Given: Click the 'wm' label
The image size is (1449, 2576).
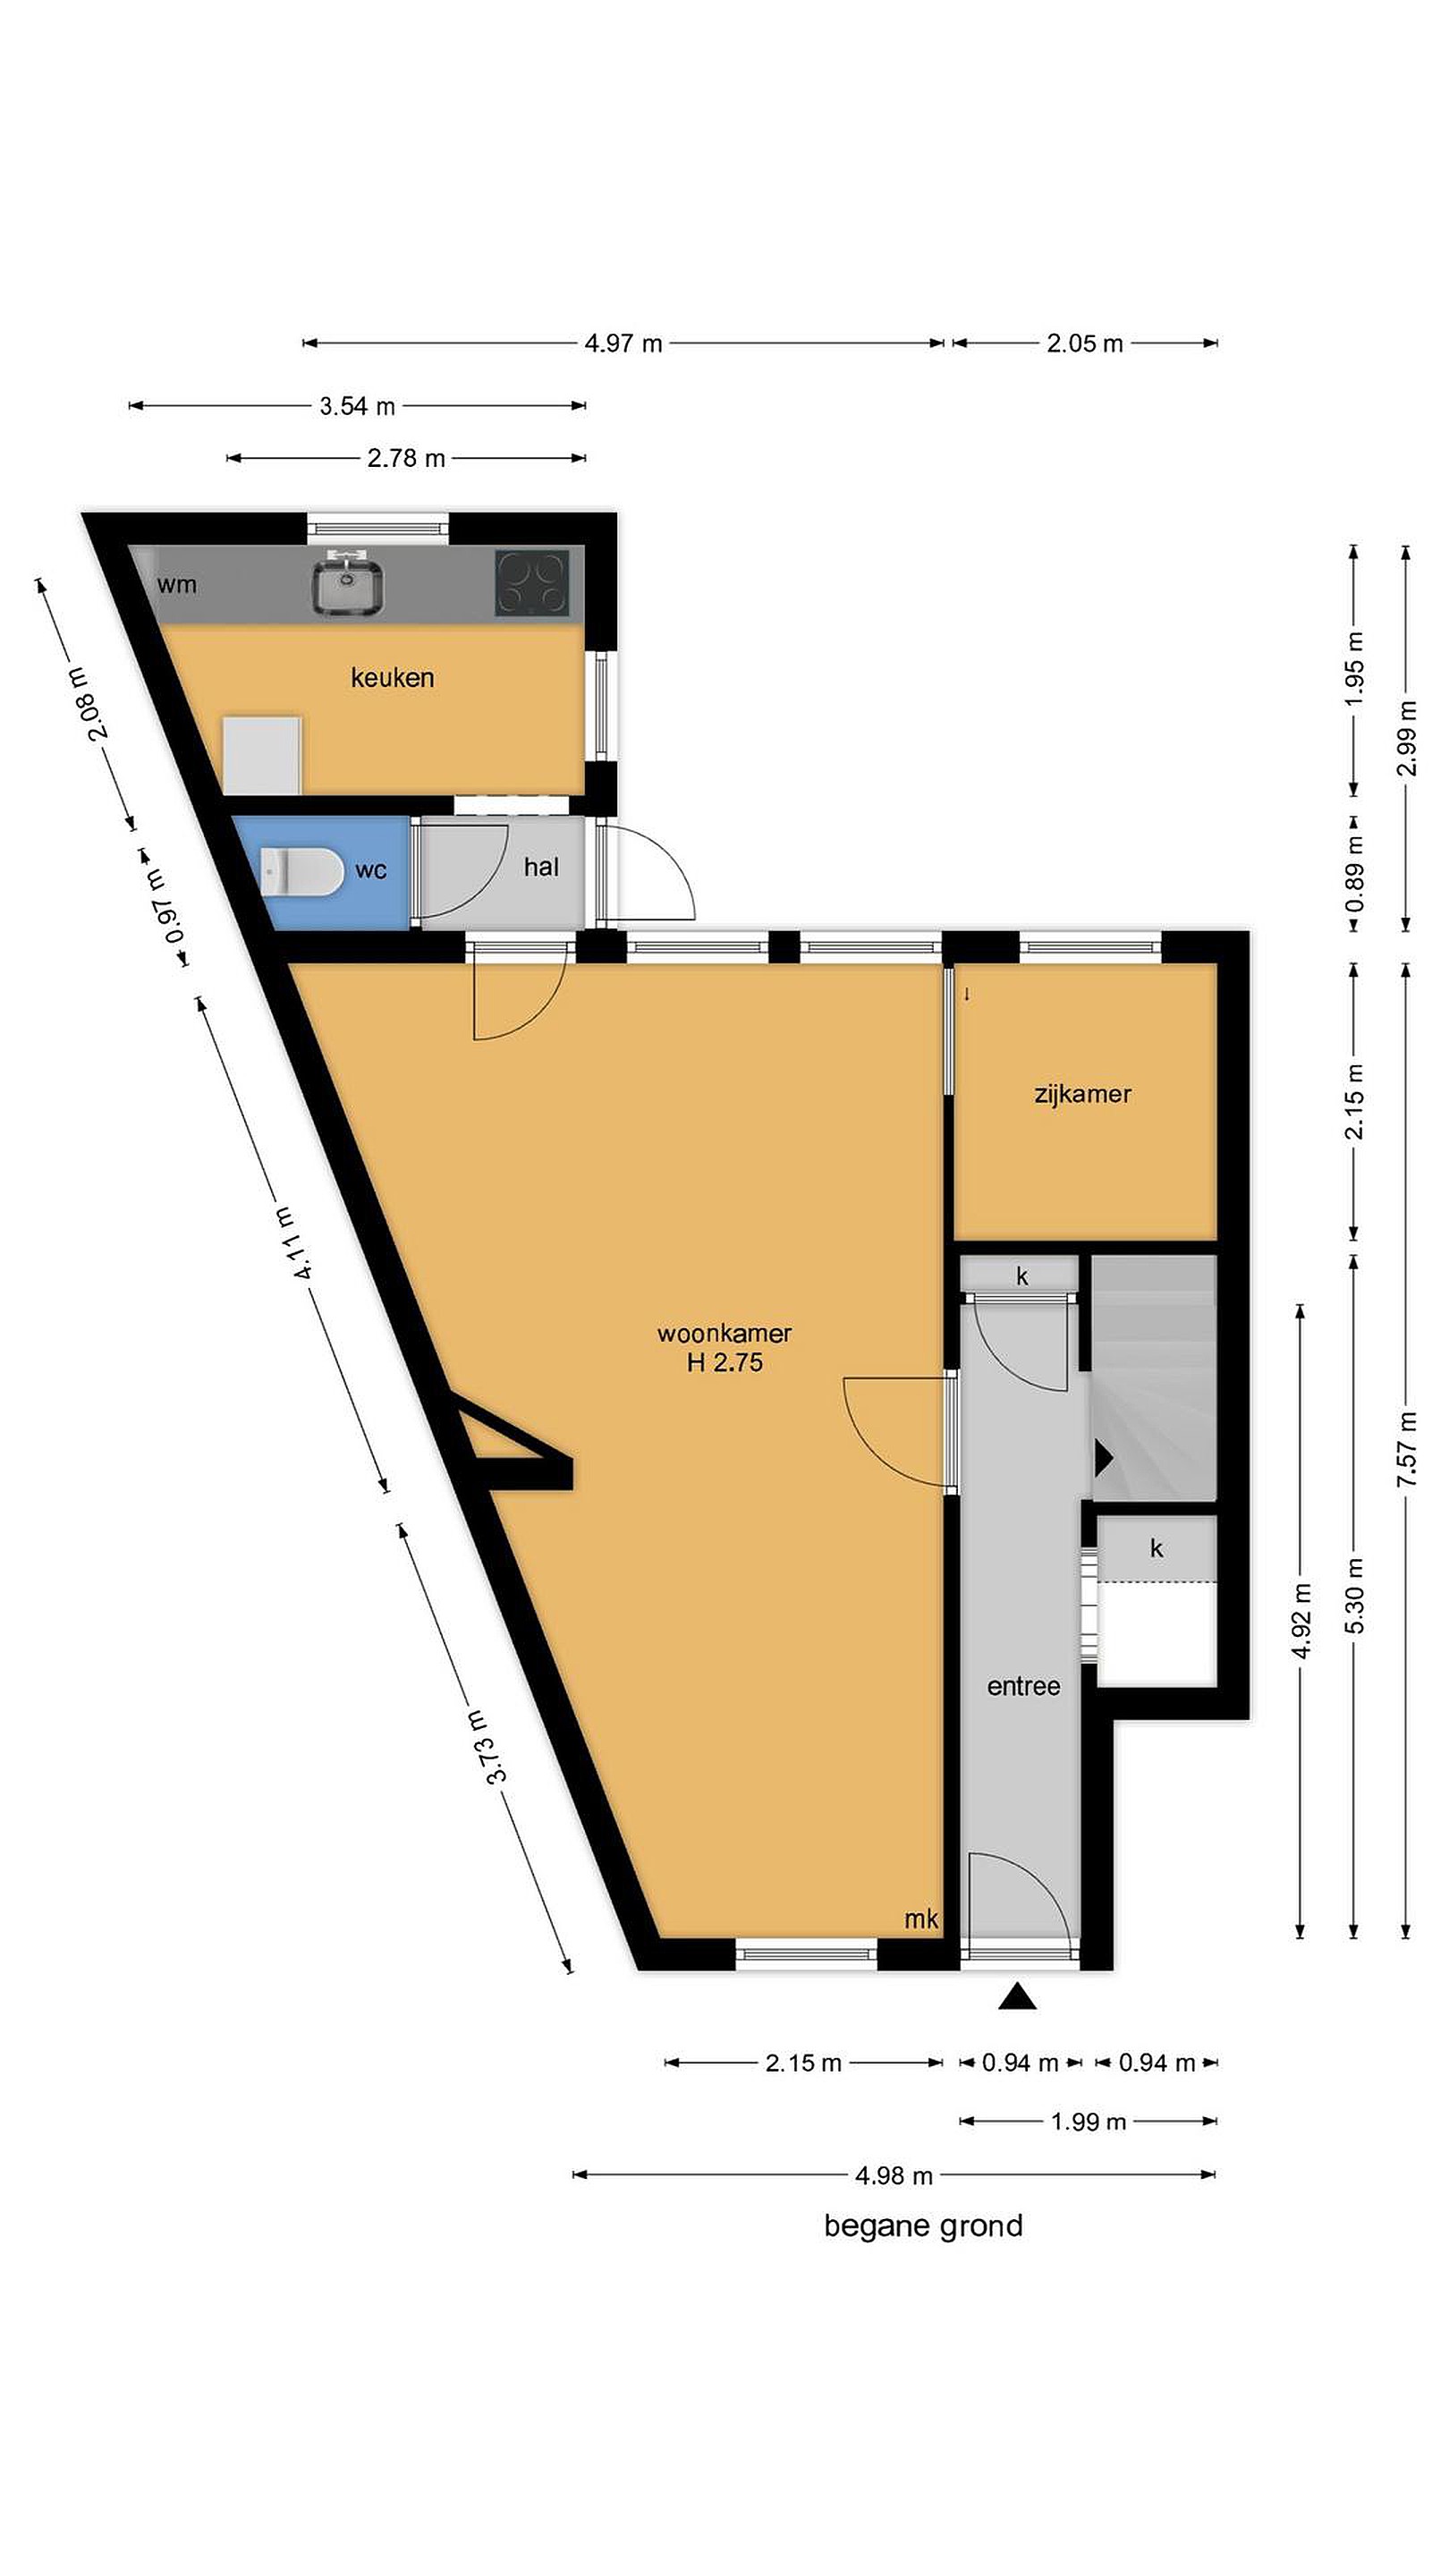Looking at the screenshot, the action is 177,585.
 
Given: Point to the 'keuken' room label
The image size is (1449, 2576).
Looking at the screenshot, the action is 392,678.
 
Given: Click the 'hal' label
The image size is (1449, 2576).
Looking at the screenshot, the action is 541,867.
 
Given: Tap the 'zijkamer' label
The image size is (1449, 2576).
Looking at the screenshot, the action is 1082,1094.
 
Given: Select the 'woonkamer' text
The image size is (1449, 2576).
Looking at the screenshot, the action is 724,1333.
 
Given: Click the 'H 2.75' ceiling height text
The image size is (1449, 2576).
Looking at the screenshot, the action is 724,1362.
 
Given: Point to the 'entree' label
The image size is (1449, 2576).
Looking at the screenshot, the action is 1023,1687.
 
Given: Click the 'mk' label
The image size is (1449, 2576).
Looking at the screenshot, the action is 921,1919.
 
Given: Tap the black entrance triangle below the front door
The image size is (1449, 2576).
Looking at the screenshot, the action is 1017,1996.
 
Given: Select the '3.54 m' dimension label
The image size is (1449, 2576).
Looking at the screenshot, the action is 357,406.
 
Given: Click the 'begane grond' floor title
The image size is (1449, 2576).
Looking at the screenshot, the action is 923,2226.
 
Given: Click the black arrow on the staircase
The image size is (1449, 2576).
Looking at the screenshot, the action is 1103,1458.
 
